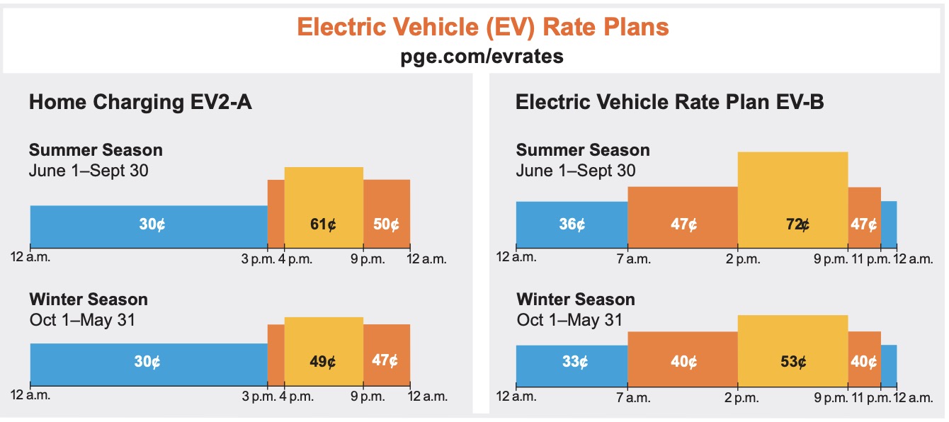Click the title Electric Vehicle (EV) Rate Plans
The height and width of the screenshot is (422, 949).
[483, 27]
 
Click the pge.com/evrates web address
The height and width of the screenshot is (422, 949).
[482, 57]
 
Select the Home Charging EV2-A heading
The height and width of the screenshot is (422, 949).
[140, 103]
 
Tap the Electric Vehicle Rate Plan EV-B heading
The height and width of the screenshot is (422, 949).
[669, 103]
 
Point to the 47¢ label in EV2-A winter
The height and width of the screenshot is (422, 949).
[385, 360]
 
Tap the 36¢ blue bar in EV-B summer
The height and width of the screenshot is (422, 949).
[572, 224]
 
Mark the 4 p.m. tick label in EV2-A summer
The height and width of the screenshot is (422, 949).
[297, 259]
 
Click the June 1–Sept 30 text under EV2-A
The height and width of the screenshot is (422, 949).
[89, 171]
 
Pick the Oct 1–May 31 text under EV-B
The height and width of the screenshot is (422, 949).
[569, 320]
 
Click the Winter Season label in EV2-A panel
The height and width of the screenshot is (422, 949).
[89, 300]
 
